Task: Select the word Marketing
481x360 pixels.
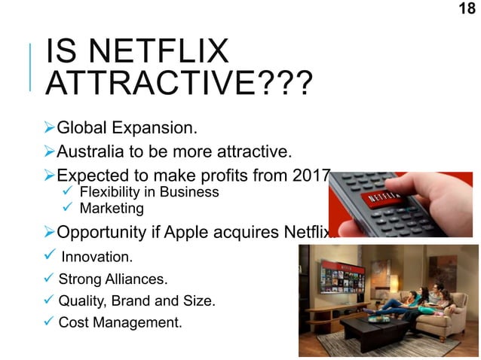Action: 112,208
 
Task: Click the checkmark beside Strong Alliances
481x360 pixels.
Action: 51,279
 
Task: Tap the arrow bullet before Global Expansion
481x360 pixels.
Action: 50,125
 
